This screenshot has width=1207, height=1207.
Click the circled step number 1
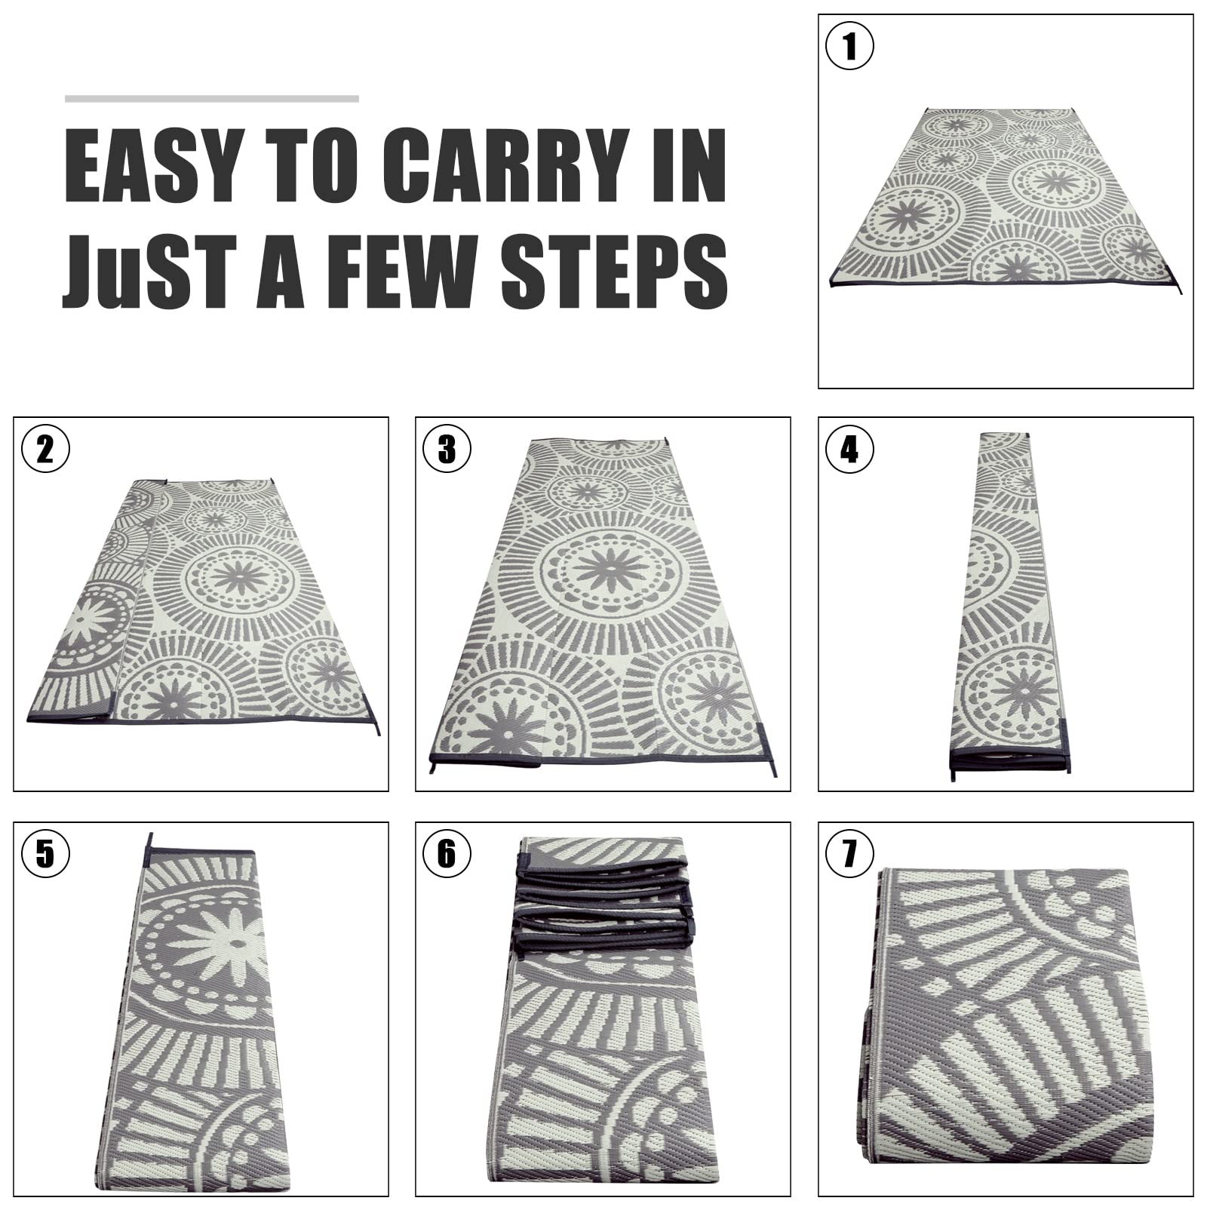[x=849, y=46]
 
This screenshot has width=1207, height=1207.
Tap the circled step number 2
[x=45, y=449]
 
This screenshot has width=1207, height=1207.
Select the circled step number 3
[x=447, y=449]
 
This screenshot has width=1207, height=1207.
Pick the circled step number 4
[x=849, y=449]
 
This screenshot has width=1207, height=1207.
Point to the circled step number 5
[x=45, y=853]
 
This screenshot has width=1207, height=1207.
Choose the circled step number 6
[x=447, y=853]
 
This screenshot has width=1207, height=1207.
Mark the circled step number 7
[x=849, y=853]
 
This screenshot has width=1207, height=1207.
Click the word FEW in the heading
[x=403, y=271]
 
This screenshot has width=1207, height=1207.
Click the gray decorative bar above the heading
[x=212, y=99]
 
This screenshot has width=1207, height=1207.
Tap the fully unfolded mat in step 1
[x=1007, y=198]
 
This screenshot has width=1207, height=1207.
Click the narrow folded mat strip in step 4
[x=1008, y=606]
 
